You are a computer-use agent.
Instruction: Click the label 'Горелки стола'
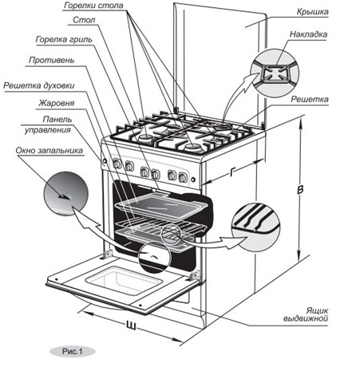pyautogui.click(x=93, y=6)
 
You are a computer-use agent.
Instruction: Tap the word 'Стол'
pyautogui.click(x=84, y=20)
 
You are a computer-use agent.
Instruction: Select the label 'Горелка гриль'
pyautogui.click(x=64, y=40)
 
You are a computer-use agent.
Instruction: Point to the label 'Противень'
pyautogui.click(x=52, y=61)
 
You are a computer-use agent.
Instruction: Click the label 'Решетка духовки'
pyautogui.click(x=39, y=86)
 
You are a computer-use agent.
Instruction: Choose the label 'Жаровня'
pyautogui.click(x=57, y=103)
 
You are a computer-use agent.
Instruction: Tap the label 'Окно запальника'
pyautogui.click(x=49, y=151)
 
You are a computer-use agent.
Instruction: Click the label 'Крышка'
pyautogui.click(x=312, y=12)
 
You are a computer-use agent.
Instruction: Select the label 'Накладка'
pyautogui.click(x=308, y=34)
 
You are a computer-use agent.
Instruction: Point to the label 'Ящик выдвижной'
pyautogui.click(x=306, y=314)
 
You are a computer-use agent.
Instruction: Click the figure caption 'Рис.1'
pyautogui.click(x=73, y=352)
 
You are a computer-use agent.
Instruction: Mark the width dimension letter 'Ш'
pyautogui.click(x=131, y=326)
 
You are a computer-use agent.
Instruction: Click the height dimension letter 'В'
pyautogui.click(x=300, y=190)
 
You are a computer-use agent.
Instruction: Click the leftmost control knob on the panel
pyautogui.click(x=117, y=164)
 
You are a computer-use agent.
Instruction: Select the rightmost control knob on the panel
pyautogui.click(x=183, y=177)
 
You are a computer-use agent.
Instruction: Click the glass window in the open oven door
pyautogui.click(x=124, y=280)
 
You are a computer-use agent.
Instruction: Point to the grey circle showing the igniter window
pyautogui.click(x=65, y=194)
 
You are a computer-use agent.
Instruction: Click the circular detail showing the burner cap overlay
pyautogui.click(x=275, y=73)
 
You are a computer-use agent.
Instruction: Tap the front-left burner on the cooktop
pyautogui.click(x=146, y=138)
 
